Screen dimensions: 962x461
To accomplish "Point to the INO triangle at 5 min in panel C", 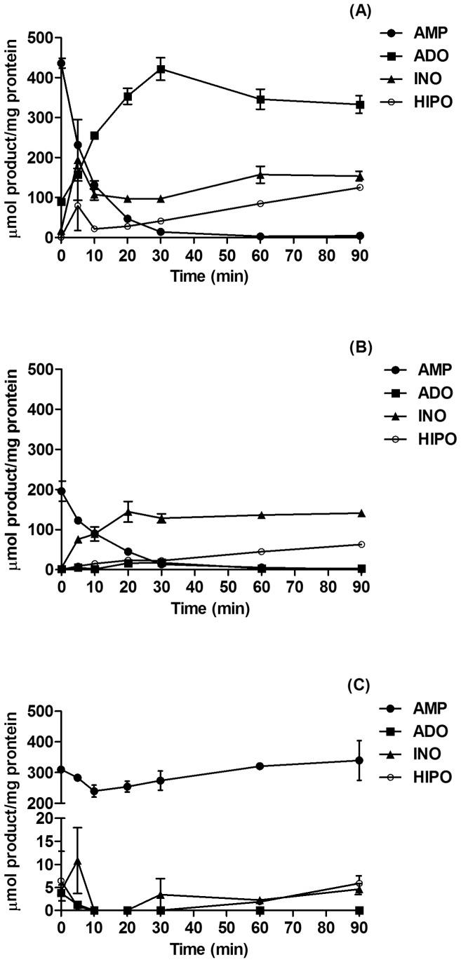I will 78,860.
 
